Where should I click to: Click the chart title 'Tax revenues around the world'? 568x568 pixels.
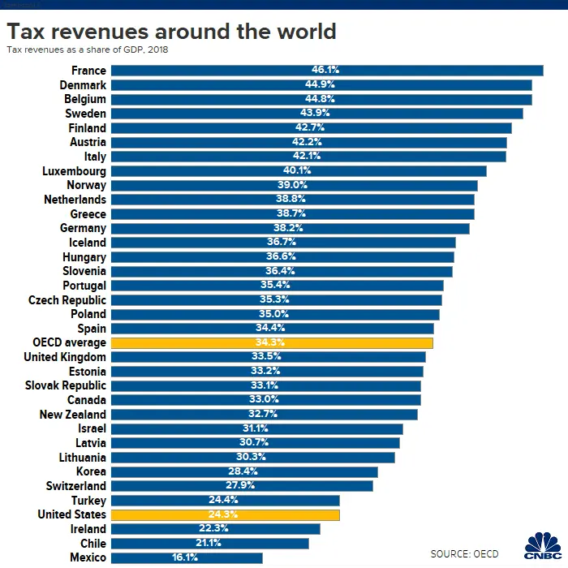point(171,32)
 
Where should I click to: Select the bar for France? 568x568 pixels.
point(326,71)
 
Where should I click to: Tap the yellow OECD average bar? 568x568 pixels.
point(271,342)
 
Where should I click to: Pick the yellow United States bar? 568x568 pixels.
point(225,514)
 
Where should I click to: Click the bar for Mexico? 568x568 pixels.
point(187,557)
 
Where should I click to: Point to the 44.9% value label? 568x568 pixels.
point(321,84)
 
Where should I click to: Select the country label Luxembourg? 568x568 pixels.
point(74,171)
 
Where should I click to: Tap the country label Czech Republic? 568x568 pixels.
point(67,299)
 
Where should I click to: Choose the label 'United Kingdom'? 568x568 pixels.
point(65,357)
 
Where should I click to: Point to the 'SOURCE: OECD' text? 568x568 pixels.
point(465,553)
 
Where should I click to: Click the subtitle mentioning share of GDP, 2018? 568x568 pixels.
point(93,50)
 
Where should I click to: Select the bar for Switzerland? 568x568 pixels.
point(242,486)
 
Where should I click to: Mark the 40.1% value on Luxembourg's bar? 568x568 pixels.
point(297,170)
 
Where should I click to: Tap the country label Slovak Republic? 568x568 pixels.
point(66,385)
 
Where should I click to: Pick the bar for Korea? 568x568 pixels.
point(244,471)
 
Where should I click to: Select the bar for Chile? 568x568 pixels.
point(209,543)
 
